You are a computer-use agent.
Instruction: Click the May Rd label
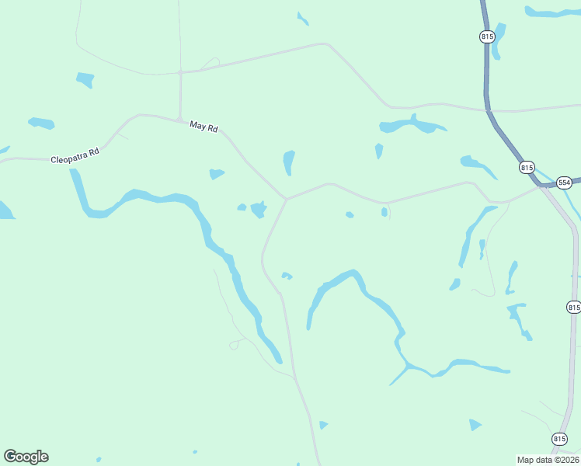[204, 126]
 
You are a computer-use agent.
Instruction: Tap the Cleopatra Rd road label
[75, 155]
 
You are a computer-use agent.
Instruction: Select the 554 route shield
[564, 182]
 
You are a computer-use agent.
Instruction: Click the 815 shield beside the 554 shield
[527, 167]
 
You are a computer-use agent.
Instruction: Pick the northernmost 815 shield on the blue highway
[486, 37]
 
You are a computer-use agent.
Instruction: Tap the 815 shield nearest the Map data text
[559, 438]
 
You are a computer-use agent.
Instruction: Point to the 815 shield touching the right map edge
[573, 307]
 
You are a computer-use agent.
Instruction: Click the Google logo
[26, 457]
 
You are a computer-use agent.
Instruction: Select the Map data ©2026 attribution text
[548, 459]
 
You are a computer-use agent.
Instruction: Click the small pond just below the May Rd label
[216, 174]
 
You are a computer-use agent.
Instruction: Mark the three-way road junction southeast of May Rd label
[287, 199]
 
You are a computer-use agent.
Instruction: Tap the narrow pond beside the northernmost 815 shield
[498, 40]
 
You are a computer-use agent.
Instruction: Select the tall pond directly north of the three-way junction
[289, 162]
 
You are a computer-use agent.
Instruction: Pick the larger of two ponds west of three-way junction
[259, 209]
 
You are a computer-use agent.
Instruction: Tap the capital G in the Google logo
[10, 457]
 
